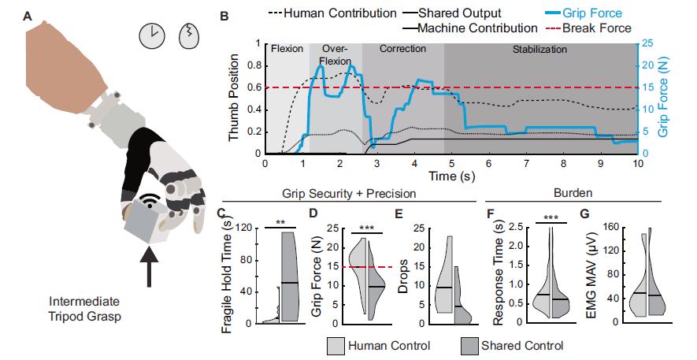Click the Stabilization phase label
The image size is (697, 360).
tap(539, 49)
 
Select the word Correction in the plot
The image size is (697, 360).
tap(402, 49)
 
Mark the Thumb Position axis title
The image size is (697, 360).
tap(235, 98)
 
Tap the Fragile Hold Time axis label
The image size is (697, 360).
tap(228, 275)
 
